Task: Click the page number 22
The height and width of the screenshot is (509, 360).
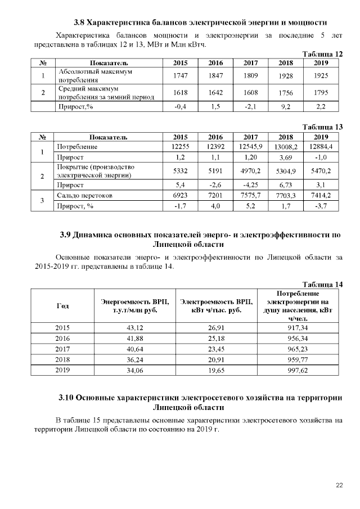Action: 339,485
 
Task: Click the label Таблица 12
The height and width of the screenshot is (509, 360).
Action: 322,54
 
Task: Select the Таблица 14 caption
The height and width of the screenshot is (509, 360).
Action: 322,285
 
